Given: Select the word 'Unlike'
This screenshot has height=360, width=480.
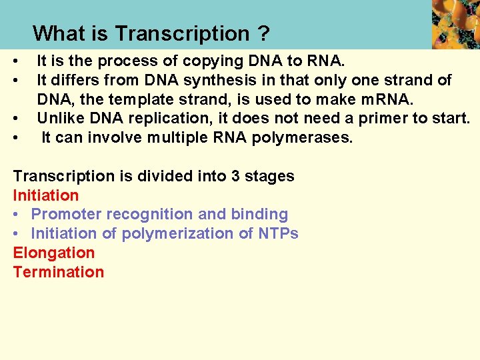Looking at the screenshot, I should (58, 119).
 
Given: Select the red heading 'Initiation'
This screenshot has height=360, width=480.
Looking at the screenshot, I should (46, 195).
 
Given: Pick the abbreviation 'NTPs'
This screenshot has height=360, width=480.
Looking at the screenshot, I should (279, 234).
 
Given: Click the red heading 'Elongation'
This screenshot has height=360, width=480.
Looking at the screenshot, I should (54, 253).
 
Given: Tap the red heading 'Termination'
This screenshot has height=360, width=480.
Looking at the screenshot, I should (59, 272).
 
